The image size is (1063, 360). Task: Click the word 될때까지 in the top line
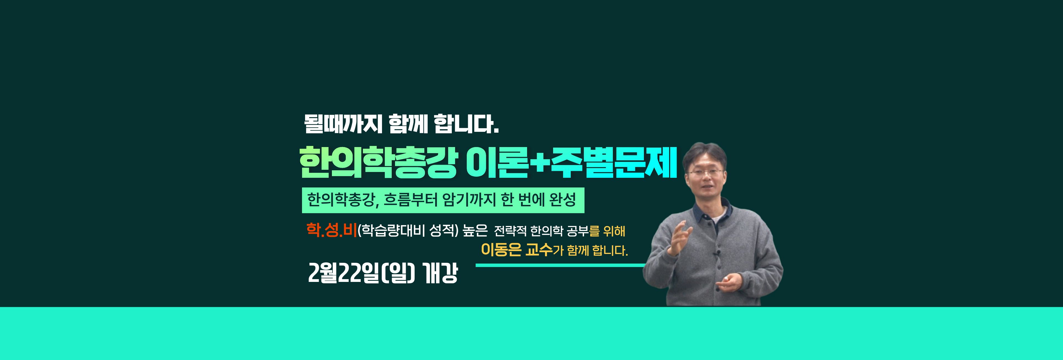(x=343, y=124)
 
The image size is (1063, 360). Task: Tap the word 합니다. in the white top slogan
(x=466, y=124)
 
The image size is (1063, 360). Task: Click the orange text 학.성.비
(x=331, y=230)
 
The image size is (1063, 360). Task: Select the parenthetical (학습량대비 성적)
(x=408, y=230)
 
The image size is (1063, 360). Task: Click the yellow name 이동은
(x=501, y=249)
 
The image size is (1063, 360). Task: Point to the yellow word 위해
(x=614, y=231)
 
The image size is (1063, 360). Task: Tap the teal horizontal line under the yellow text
(x=560, y=266)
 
